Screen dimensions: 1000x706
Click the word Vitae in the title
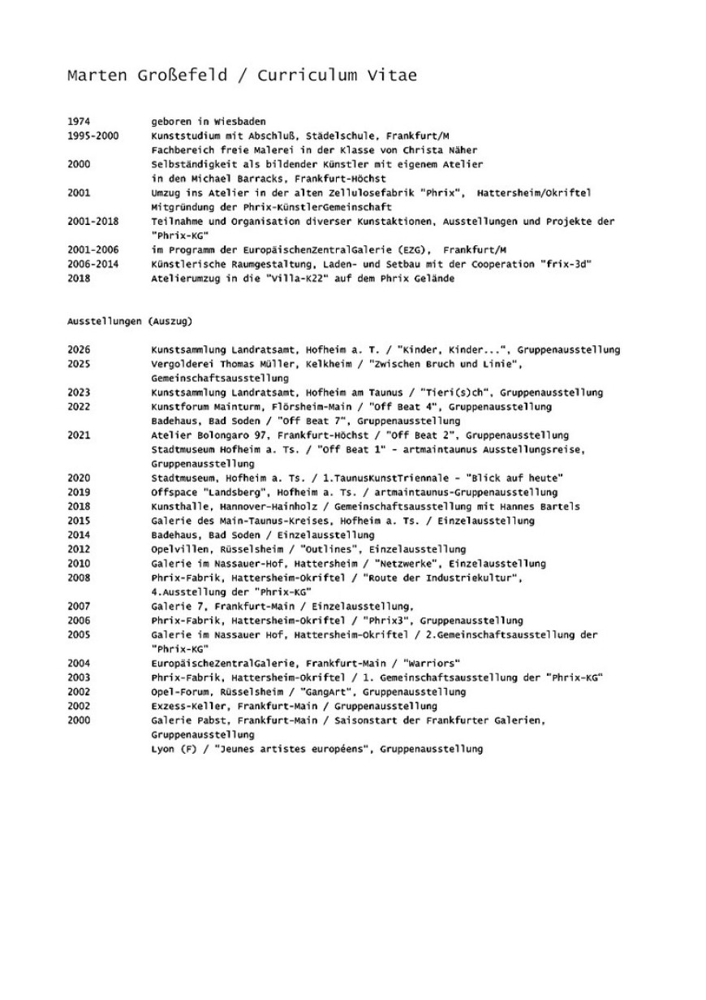pyautogui.click(x=391, y=76)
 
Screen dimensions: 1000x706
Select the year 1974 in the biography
pyautogui.click(x=79, y=122)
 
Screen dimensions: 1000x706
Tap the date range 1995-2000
pyautogui.click(x=93, y=136)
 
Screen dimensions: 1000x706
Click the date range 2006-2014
pyautogui.click(x=93, y=264)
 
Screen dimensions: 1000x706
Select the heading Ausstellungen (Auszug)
pyautogui.click(x=130, y=321)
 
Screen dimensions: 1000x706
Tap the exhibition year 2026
pyautogui.click(x=79, y=350)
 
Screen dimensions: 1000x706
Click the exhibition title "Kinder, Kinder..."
pyautogui.click(x=445, y=350)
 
